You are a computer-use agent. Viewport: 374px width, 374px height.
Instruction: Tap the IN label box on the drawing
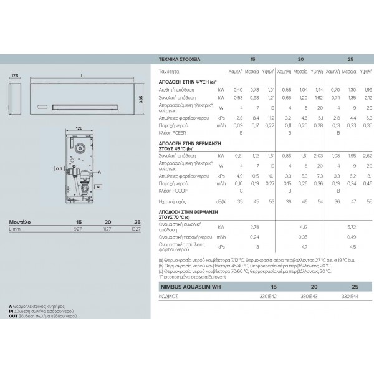[98, 186]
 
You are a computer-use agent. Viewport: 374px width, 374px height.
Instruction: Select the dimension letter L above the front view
[82, 76]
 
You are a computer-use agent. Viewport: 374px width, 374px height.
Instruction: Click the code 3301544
[350, 297]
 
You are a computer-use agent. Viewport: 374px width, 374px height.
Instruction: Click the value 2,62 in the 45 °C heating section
[368, 155]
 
